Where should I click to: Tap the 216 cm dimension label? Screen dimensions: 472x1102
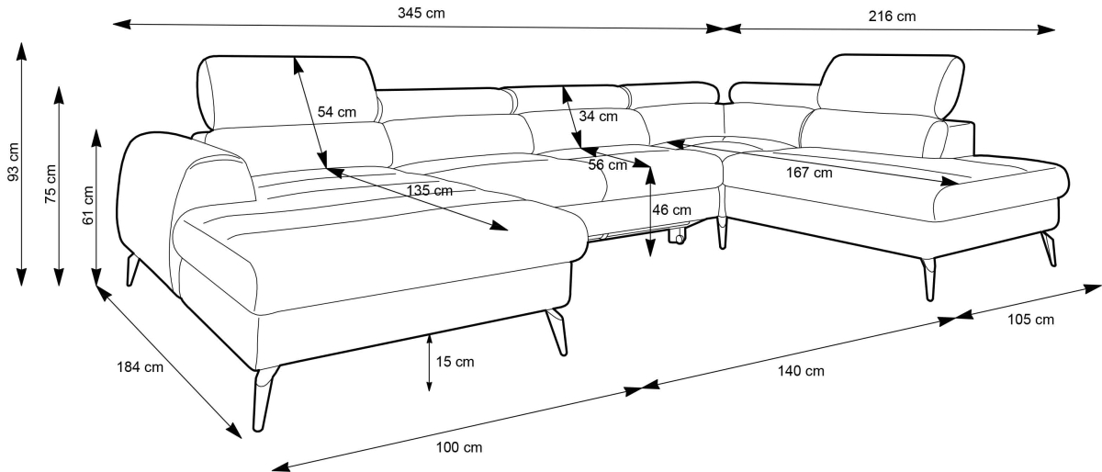pyautogui.click(x=892, y=16)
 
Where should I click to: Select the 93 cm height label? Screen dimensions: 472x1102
pyautogui.click(x=13, y=163)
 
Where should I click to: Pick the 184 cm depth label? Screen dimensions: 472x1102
pyautogui.click(x=140, y=368)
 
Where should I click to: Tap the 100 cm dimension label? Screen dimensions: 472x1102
pyautogui.click(x=458, y=448)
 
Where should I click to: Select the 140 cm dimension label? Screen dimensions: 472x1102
pyautogui.click(x=801, y=371)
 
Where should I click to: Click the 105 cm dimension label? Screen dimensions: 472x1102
pyautogui.click(x=1030, y=320)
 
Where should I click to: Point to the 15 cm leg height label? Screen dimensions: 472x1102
pyautogui.click(x=455, y=362)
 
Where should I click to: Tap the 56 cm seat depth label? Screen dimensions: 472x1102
pyautogui.click(x=607, y=165)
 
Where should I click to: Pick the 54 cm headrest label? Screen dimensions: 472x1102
pyautogui.click(x=336, y=112)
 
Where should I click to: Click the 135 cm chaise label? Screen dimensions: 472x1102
pyautogui.click(x=430, y=191)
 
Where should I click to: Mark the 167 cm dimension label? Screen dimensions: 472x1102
pyautogui.click(x=809, y=173)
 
